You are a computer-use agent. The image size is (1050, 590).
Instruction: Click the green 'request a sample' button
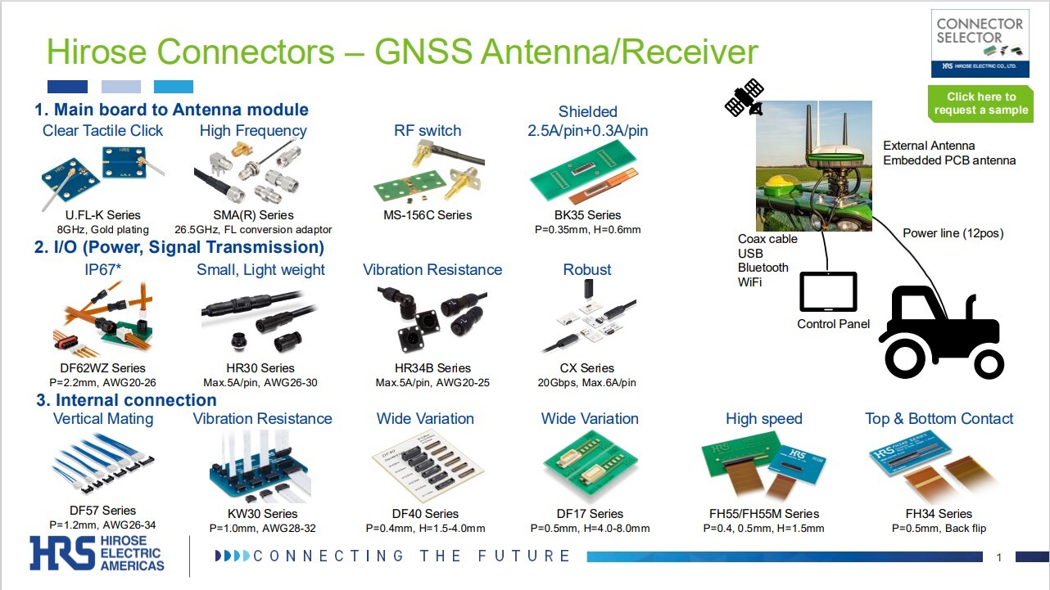click(980, 103)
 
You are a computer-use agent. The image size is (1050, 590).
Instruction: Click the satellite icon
click(744, 97)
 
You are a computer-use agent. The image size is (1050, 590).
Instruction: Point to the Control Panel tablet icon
click(828, 291)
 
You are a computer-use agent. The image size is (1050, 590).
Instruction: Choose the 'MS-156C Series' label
click(428, 215)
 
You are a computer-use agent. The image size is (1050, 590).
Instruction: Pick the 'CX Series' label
click(586, 368)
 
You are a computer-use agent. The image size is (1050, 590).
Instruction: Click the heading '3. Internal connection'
click(126, 400)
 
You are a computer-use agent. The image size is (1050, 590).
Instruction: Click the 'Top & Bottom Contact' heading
click(939, 419)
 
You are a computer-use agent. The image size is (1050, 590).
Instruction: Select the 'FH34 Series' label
click(939, 514)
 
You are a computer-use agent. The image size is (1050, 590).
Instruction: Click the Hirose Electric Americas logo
click(97, 553)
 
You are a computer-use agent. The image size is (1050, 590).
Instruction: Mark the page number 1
click(999, 558)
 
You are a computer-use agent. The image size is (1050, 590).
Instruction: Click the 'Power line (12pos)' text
click(953, 233)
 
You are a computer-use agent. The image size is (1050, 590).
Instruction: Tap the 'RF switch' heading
click(428, 131)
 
